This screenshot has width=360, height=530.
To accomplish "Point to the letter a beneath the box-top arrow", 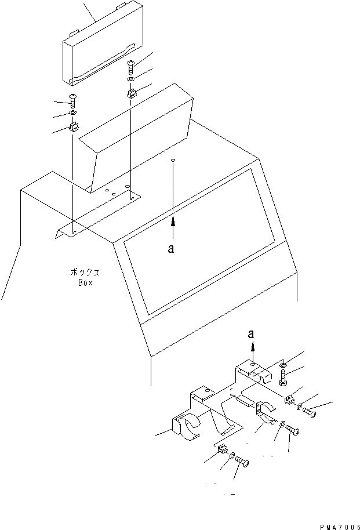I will tap(170, 248).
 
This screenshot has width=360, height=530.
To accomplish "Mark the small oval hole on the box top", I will tap(173, 160).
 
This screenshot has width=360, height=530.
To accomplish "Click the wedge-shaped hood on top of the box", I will tap(139, 133).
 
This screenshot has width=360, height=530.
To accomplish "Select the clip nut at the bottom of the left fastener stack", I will tap(74, 127).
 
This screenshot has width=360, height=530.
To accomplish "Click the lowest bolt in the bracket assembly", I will tap(242, 463).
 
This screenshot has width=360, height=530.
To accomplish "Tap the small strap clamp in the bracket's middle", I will tap(265, 413).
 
